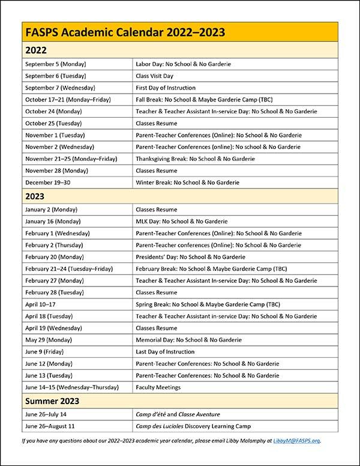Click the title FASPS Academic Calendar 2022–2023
(x=124, y=33)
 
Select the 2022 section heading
(x=36, y=50)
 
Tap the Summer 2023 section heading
(x=52, y=401)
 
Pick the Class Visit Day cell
(x=158, y=76)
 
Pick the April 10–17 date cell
(x=41, y=304)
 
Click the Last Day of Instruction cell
(x=166, y=352)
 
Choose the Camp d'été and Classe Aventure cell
(x=178, y=414)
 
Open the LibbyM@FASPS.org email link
(x=297, y=440)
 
